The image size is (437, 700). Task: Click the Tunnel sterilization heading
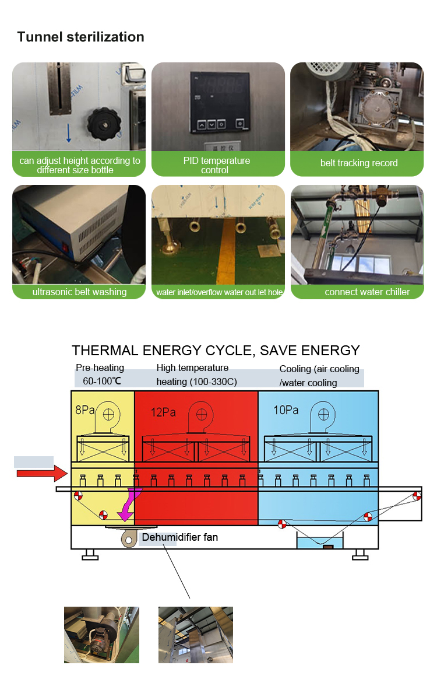click(80, 37)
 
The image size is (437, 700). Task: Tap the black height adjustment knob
click(104, 124)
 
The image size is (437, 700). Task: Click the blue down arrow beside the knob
click(69, 133)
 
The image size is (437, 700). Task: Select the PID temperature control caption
click(216, 165)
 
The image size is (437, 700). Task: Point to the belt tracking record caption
click(359, 163)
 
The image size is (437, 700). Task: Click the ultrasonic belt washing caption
click(80, 292)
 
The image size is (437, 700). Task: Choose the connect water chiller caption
click(367, 292)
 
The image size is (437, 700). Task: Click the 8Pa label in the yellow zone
click(85, 409)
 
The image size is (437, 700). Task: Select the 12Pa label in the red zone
click(163, 412)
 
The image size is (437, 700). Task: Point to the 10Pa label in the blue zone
click(286, 410)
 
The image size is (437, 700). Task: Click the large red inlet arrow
click(42, 474)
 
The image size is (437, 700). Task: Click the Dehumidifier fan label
click(180, 537)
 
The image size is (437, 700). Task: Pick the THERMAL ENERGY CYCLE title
click(216, 351)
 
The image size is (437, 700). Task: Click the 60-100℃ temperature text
click(102, 381)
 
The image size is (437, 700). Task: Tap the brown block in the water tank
click(329, 547)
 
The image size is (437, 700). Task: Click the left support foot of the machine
click(90, 554)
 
